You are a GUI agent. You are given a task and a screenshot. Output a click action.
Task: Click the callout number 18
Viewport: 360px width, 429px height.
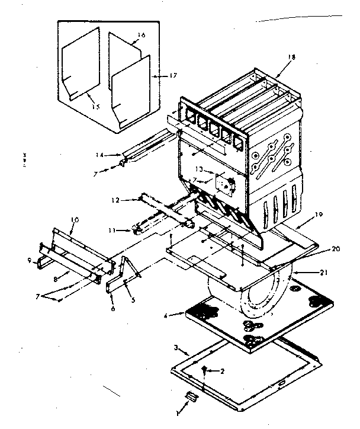click(291, 57)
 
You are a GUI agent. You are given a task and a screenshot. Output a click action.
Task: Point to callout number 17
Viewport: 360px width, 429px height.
click(156, 75)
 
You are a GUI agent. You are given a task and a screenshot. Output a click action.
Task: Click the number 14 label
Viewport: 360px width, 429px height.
click(99, 155)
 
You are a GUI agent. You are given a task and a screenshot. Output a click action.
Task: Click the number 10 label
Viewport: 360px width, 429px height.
click(75, 220)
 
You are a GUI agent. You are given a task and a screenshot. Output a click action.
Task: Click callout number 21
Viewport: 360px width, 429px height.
click(321, 272)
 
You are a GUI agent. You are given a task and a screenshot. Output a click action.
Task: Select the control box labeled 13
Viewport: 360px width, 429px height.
click(224, 184)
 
